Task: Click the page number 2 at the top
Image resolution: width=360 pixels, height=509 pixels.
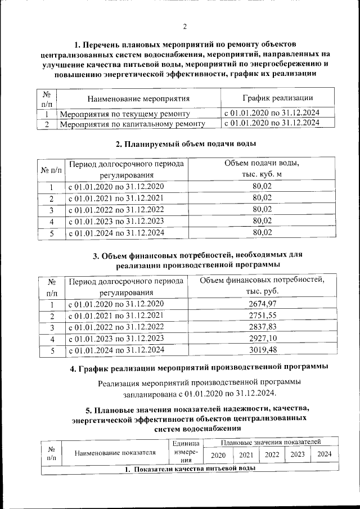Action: point(184,25)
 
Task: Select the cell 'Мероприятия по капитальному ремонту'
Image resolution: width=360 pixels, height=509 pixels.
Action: point(132,124)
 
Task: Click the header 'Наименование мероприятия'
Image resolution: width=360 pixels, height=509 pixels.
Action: point(138,98)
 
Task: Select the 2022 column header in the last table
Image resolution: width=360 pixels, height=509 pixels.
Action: point(272,454)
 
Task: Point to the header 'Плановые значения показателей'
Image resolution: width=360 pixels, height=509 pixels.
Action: point(271,443)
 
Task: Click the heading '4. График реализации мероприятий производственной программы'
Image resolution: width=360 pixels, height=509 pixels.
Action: point(199,368)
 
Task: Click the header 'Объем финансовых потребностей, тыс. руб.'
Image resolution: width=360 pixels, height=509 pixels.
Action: point(262,286)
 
